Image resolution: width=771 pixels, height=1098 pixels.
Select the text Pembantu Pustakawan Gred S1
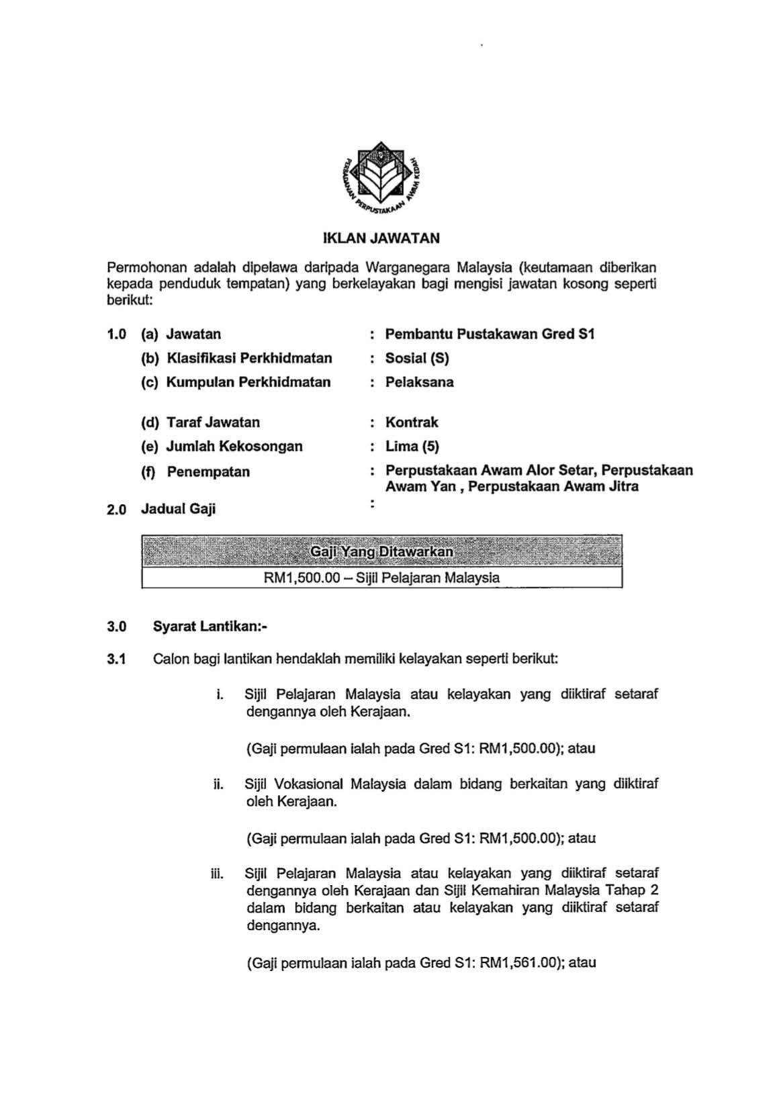pyautogui.click(x=490, y=334)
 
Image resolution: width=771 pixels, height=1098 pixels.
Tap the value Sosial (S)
pyautogui.click(x=416, y=358)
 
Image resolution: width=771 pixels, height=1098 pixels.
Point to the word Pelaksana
pyautogui.click(x=419, y=382)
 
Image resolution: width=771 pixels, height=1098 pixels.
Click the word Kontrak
pyautogui.click(x=411, y=422)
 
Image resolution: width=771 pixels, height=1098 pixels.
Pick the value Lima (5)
pyautogui.click(x=412, y=446)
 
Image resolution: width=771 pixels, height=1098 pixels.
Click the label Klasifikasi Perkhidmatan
pyautogui.click(x=248, y=358)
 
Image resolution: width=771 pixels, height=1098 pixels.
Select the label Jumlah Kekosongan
pyautogui.click(x=234, y=446)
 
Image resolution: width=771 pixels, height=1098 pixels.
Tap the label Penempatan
pyautogui.click(x=208, y=471)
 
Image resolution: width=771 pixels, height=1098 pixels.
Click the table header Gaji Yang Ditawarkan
pyautogui.click(x=381, y=552)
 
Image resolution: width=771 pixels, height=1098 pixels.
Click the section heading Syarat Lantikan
pyautogui.click(x=210, y=627)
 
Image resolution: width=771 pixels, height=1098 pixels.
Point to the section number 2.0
pyautogui.click(x=116, y=510)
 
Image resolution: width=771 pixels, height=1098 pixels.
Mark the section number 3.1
pyautogui.click(x=116, y=659)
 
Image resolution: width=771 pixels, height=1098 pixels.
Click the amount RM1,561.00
pyautogui.click(x=520, y=962)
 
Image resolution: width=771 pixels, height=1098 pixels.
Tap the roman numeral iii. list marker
pyautogui.click(x=216, y=874)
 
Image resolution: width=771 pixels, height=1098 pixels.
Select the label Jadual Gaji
pyautogui.click(x=178, y=509)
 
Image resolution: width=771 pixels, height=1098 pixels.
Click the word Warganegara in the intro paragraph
pyautogui.click(x=408, y=267)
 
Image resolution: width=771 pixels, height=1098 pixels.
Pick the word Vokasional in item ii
pyautogui.click(x=310, y=784)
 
